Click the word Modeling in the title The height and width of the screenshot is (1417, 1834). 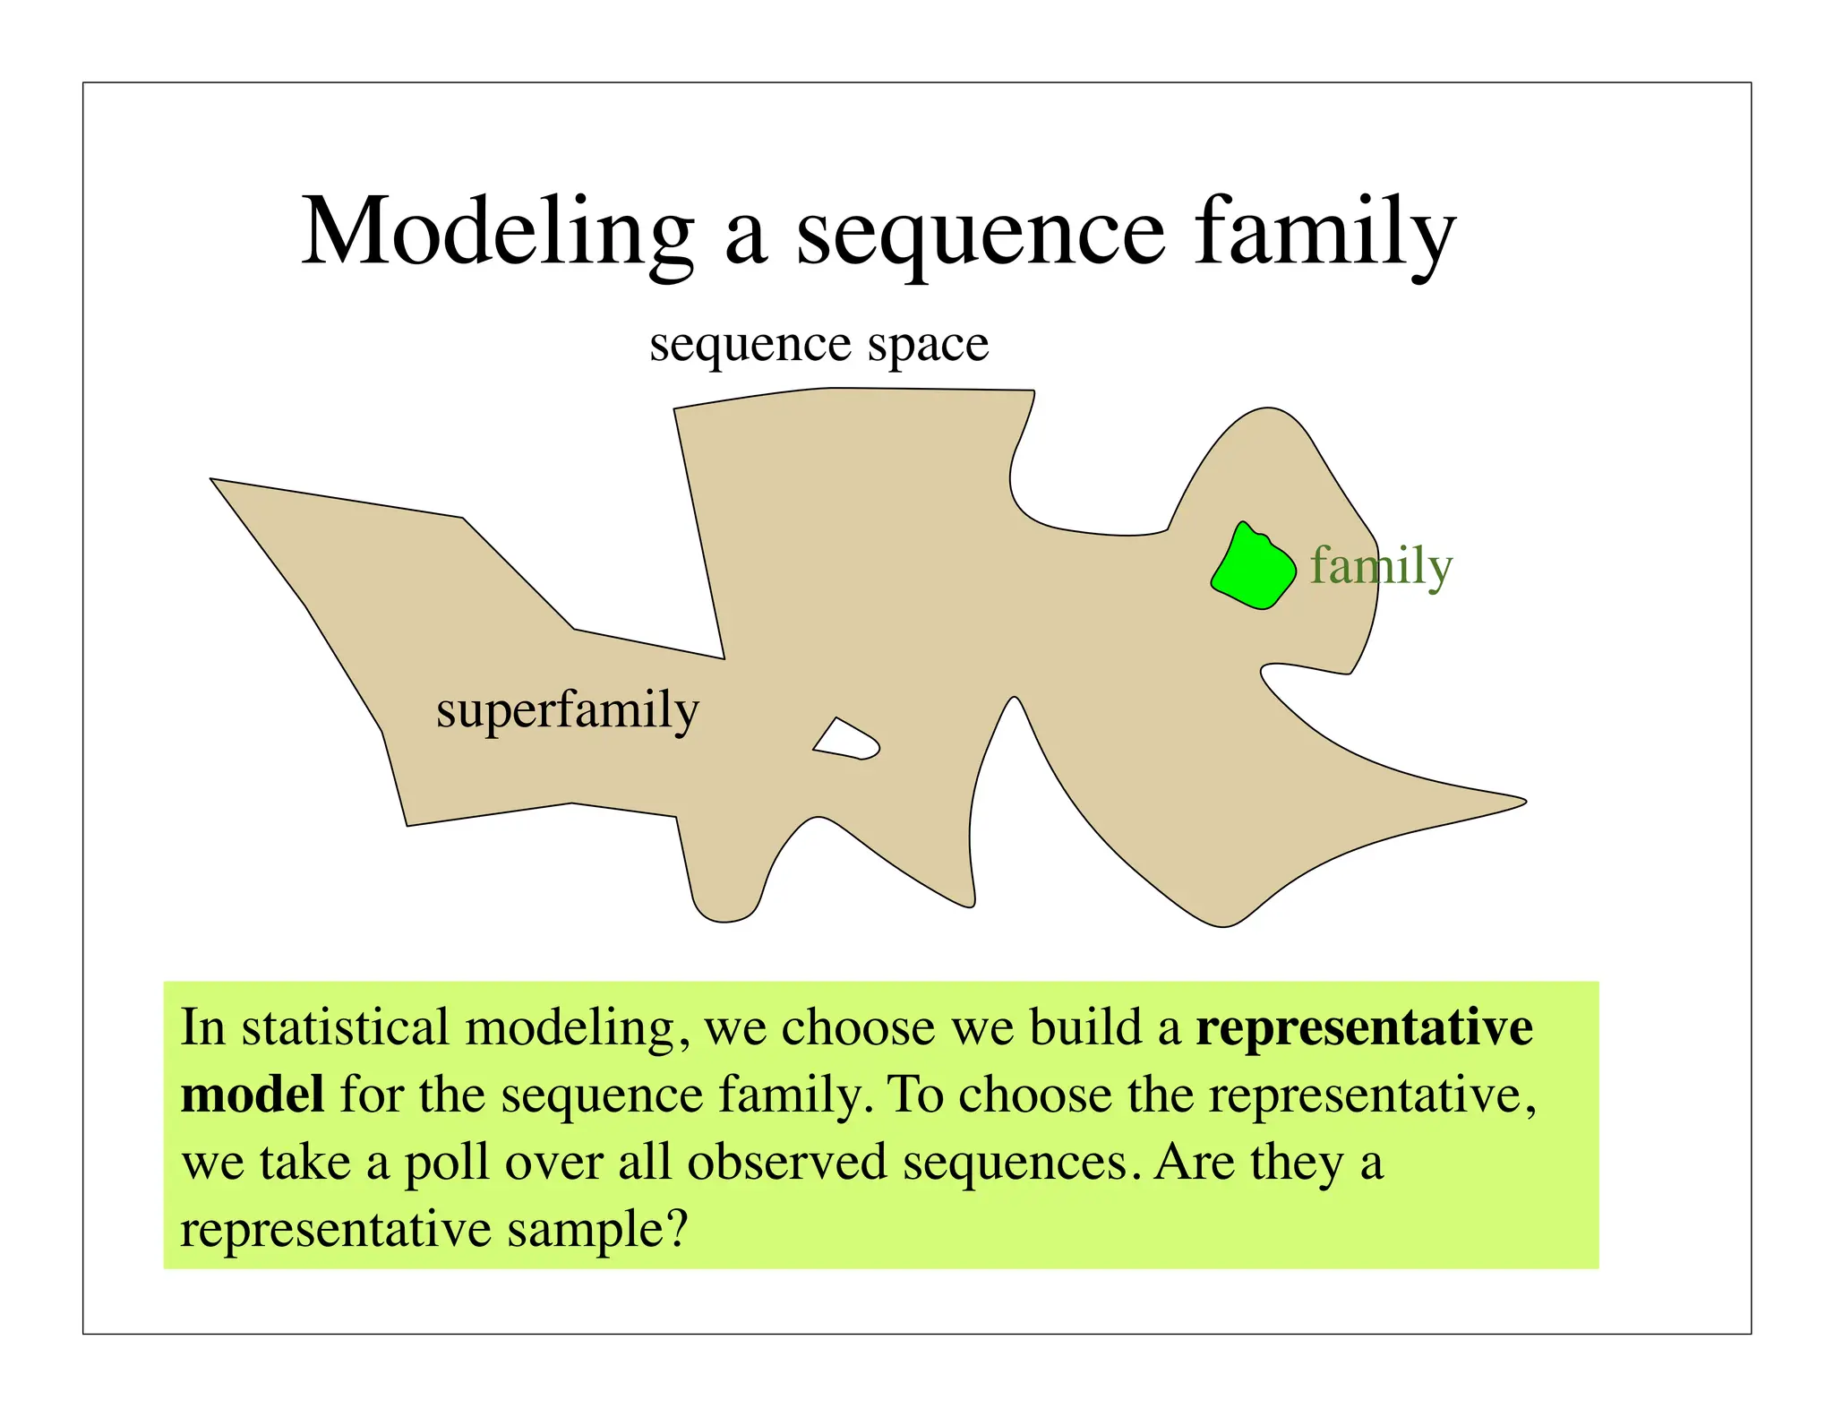[x=497, y=231]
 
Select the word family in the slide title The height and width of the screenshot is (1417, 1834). [x=1324, y=233]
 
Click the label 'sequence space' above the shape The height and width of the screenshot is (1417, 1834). [x=818, y=345]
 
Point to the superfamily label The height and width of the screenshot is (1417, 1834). [x=567, y=711]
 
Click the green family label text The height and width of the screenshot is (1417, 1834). [x=1381, y=567]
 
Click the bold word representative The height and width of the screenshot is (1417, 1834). [x=1364, y=1027]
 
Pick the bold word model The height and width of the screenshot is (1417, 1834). [x=252, y=1095]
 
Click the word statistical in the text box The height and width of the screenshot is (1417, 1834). [x=345, y=1027]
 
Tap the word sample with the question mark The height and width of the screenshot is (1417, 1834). [x=597, y=1230]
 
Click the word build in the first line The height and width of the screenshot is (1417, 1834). [x=1085, y=1027]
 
